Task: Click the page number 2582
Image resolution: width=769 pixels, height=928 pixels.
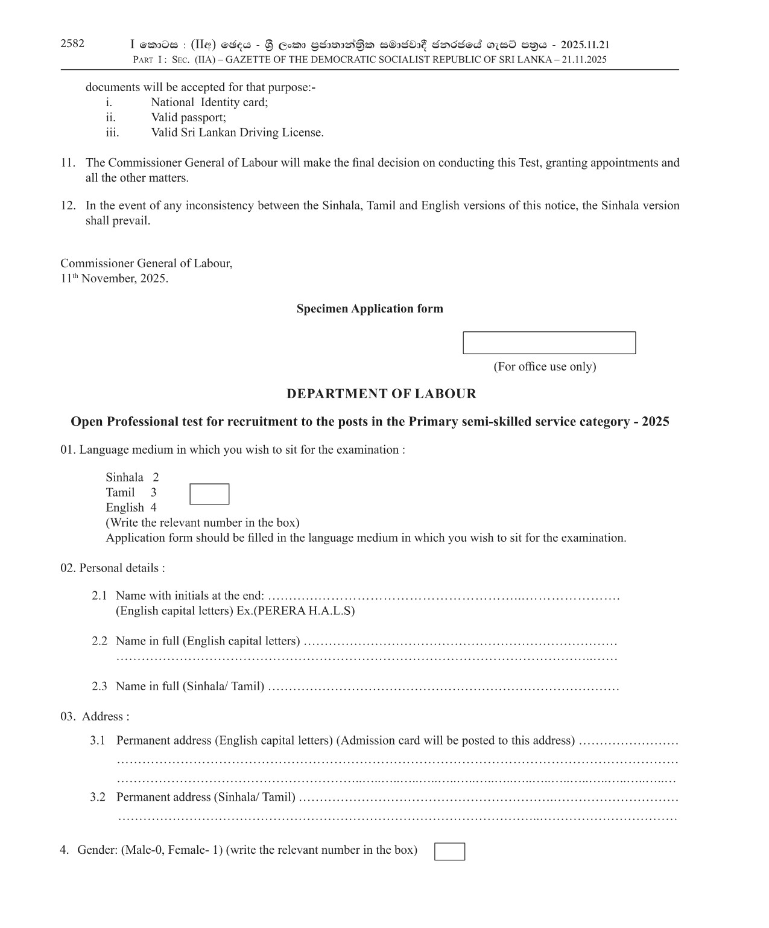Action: click(72, 43)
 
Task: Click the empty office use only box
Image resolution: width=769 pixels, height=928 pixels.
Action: click(549, 343)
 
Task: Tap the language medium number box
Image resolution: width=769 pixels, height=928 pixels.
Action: click(209, 494)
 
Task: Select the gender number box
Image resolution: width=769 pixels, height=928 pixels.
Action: click(449, 851)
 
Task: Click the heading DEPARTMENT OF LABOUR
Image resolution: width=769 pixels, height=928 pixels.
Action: click(381, 394)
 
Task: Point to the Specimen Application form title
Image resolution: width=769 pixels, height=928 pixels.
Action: click(370, 309)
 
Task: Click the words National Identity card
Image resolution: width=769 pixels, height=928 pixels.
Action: click(209, 103)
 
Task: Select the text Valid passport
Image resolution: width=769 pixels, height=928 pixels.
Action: click(188, 118)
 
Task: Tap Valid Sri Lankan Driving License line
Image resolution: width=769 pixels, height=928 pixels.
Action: click(237, 133)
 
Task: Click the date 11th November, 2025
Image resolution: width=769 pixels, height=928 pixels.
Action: click(114, 279)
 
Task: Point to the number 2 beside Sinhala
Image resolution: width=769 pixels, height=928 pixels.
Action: click(156, 477)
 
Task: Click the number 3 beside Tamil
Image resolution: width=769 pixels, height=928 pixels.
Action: click(154, 492)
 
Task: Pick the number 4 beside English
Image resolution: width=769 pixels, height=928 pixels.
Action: click(154, 507)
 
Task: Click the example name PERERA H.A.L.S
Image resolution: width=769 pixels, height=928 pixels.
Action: click(303, 611)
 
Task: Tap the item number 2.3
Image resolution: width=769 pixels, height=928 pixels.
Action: click(100, 686)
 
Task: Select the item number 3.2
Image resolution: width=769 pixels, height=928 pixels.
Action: click(98, 797)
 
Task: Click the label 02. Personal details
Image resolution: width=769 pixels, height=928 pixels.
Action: click(113, 568)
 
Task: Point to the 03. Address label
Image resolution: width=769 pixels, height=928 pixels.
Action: click(95, 716)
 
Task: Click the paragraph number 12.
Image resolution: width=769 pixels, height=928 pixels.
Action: click(68, 206)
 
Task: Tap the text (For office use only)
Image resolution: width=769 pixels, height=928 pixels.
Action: click(545, 367)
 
